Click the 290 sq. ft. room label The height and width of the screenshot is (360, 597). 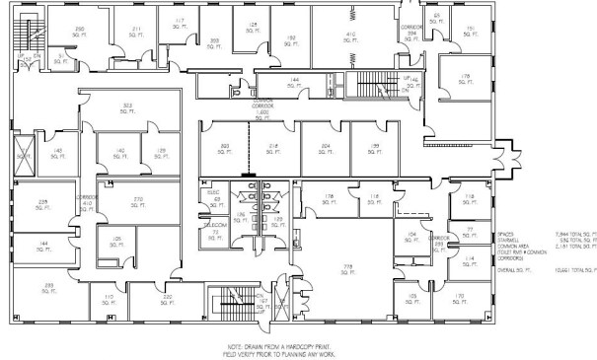[79, 33]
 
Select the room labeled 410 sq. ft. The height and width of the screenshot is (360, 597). [349, 38]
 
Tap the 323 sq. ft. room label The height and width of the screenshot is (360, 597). [127, 108]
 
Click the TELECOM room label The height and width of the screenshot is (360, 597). [214, 225]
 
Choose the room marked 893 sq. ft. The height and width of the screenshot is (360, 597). [226, 149]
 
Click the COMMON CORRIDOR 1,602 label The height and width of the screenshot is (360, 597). [262, 109]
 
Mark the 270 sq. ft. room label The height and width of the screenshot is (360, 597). [138, 202]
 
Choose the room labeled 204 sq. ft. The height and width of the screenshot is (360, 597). [325, 149]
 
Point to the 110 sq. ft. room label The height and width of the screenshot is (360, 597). [109, 298]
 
